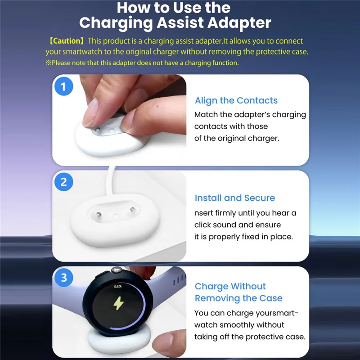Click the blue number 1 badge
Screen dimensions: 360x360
63,86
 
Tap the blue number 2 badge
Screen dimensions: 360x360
63,182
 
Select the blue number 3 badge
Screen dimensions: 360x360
63,278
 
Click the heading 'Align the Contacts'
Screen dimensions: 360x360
236,100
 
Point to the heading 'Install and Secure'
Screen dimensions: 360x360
234,198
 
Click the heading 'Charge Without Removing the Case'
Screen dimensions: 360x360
238,292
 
